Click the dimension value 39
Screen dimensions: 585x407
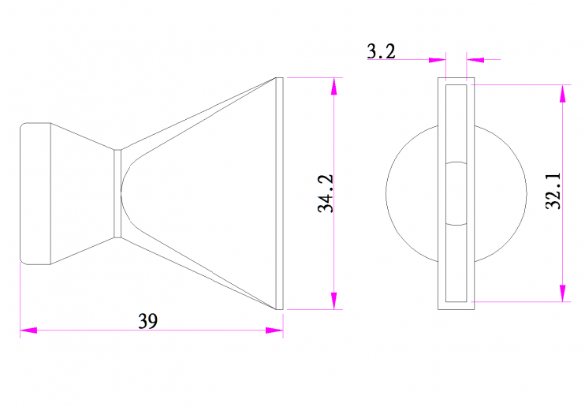tap(148, 321)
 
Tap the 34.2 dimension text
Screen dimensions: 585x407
tap(326, 193)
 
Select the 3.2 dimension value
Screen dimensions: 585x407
tap(381, 51)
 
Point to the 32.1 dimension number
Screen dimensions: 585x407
tap(553, 191)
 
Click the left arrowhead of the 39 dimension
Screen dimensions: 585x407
tap(28, 330)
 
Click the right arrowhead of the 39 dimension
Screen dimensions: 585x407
tap(274, 330)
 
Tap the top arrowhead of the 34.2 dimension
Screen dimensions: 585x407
tap(334, 86)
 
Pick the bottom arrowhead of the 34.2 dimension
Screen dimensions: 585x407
tap(334, 301)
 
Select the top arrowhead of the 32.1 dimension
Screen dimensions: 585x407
tap(563, 93)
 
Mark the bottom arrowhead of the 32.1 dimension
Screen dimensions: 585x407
tap(563, 293)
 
